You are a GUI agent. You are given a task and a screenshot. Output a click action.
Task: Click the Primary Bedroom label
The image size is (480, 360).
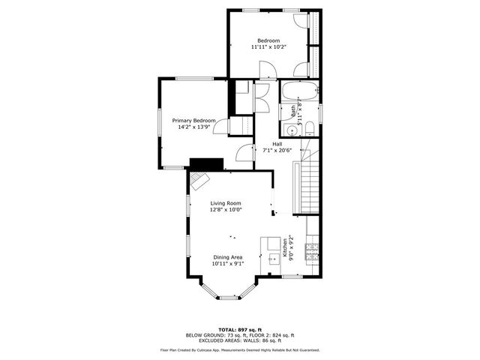[193, 121]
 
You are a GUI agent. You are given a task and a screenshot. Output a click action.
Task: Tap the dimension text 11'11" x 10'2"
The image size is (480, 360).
[268, 47]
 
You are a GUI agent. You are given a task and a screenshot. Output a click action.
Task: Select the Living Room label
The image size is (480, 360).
[225, 203]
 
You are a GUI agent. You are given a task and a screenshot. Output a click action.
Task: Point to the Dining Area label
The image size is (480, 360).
[227, 257]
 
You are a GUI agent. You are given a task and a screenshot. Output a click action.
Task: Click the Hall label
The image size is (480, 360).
[277, 143]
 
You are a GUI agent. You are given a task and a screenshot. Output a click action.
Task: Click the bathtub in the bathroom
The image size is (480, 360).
[300, 96]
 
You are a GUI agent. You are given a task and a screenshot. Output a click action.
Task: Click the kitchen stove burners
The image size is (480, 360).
[315, 247]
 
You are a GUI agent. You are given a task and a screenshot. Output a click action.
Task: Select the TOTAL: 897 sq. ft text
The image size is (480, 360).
[240, 329]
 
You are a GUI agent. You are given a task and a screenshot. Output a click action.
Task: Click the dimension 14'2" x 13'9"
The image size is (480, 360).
[193, 127]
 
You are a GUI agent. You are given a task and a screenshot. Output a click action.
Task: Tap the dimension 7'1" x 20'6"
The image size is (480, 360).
[277, 150]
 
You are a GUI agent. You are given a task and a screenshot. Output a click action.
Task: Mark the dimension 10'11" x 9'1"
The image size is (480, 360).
[227, 264]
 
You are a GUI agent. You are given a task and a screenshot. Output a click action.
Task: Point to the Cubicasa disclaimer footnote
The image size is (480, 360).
[240, 349]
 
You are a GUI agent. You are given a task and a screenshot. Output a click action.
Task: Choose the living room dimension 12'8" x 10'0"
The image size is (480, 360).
[225, 210]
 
